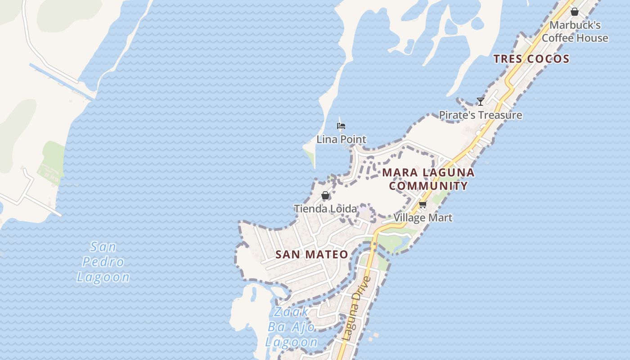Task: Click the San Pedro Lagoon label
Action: point(103,261)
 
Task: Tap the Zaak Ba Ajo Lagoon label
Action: point(292,327)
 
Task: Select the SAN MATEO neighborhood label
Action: point(312,254)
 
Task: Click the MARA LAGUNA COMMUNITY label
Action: point(428,179)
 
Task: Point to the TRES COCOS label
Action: point(531,58)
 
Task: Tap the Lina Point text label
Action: point(341,139)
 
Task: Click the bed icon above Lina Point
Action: point(341,126)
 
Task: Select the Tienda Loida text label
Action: point(325,208)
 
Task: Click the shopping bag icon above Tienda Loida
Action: point(325,195)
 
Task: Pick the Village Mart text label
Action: point(423,218)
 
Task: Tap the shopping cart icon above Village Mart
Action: point(423,205)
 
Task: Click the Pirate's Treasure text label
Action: point(481,115)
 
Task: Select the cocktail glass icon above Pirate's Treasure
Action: point(481,102)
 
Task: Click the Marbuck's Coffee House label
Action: point(575,31)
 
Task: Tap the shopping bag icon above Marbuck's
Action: point(575,12)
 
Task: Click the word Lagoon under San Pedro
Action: point(103,277)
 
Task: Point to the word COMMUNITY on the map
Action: point(428,185)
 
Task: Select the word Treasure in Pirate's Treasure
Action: point(500,115)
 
